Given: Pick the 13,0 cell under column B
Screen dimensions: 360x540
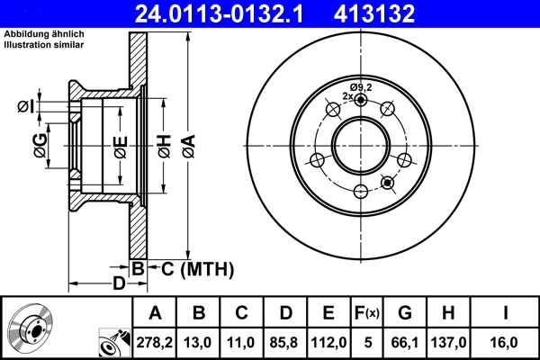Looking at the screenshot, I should (x=199, y=342).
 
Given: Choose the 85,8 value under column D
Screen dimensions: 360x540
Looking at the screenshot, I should (x=285, y=342).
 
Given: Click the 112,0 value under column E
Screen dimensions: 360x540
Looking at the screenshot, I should (x=328, y=342).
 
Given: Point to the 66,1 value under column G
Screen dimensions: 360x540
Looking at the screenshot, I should (x=405, y=342).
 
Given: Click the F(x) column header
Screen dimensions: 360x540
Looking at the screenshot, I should (x=367, y=313).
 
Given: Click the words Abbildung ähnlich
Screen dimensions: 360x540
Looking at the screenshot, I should (x=42, y=34).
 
